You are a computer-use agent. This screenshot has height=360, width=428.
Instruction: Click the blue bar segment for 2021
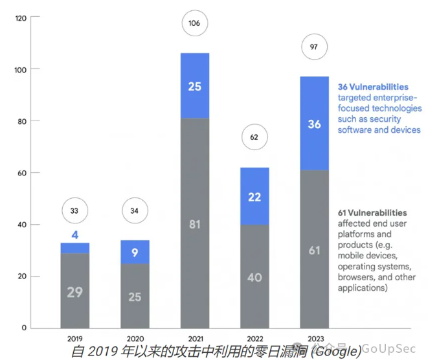(195, 85)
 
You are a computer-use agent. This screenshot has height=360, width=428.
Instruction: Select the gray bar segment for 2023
(314, 249)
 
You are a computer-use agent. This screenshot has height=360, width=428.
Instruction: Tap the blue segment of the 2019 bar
(75, 247)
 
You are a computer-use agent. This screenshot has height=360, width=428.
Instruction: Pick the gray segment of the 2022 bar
(254, 276)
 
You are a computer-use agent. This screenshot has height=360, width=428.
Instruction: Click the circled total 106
(195, 24)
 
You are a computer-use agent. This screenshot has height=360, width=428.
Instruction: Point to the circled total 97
(314, 47)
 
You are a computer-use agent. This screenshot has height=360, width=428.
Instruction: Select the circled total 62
(254, 137)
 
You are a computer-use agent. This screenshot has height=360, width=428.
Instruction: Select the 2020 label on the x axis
(135, 338)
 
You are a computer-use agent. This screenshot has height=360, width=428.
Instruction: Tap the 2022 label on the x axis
(254, 338)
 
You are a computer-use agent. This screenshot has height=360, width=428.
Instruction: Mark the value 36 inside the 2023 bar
(314, 124)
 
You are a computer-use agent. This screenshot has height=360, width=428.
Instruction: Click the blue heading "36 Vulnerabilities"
(373, 86)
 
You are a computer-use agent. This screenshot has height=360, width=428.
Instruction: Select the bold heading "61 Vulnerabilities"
(372, 212)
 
